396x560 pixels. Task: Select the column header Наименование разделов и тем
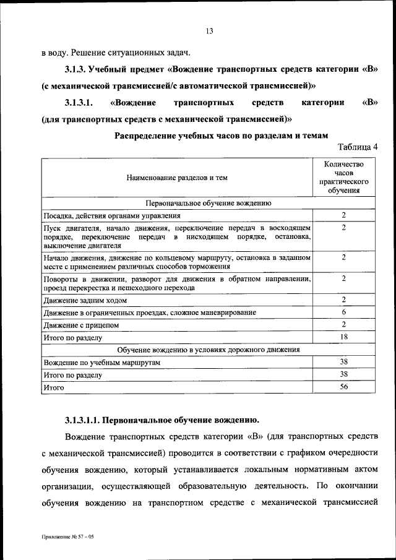(x=177, y=178)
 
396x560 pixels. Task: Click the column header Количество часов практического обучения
(x=344, y=178)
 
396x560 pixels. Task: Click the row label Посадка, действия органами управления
(x=112, y=216)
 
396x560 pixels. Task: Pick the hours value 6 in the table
(x=343, y=312)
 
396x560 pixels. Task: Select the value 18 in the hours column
(x=343, y=337)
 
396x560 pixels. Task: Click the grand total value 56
(x=343, y=387)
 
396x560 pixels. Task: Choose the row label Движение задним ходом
(x=85, y=300)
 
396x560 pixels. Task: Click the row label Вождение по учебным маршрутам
(x=102, y=362)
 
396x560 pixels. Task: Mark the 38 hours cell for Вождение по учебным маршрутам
(x=343, y=362)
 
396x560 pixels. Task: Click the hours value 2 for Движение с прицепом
(x=343, y=324)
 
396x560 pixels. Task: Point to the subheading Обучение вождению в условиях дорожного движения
(x=209, y=350)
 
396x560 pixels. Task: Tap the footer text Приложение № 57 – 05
(x=67, y=539)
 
